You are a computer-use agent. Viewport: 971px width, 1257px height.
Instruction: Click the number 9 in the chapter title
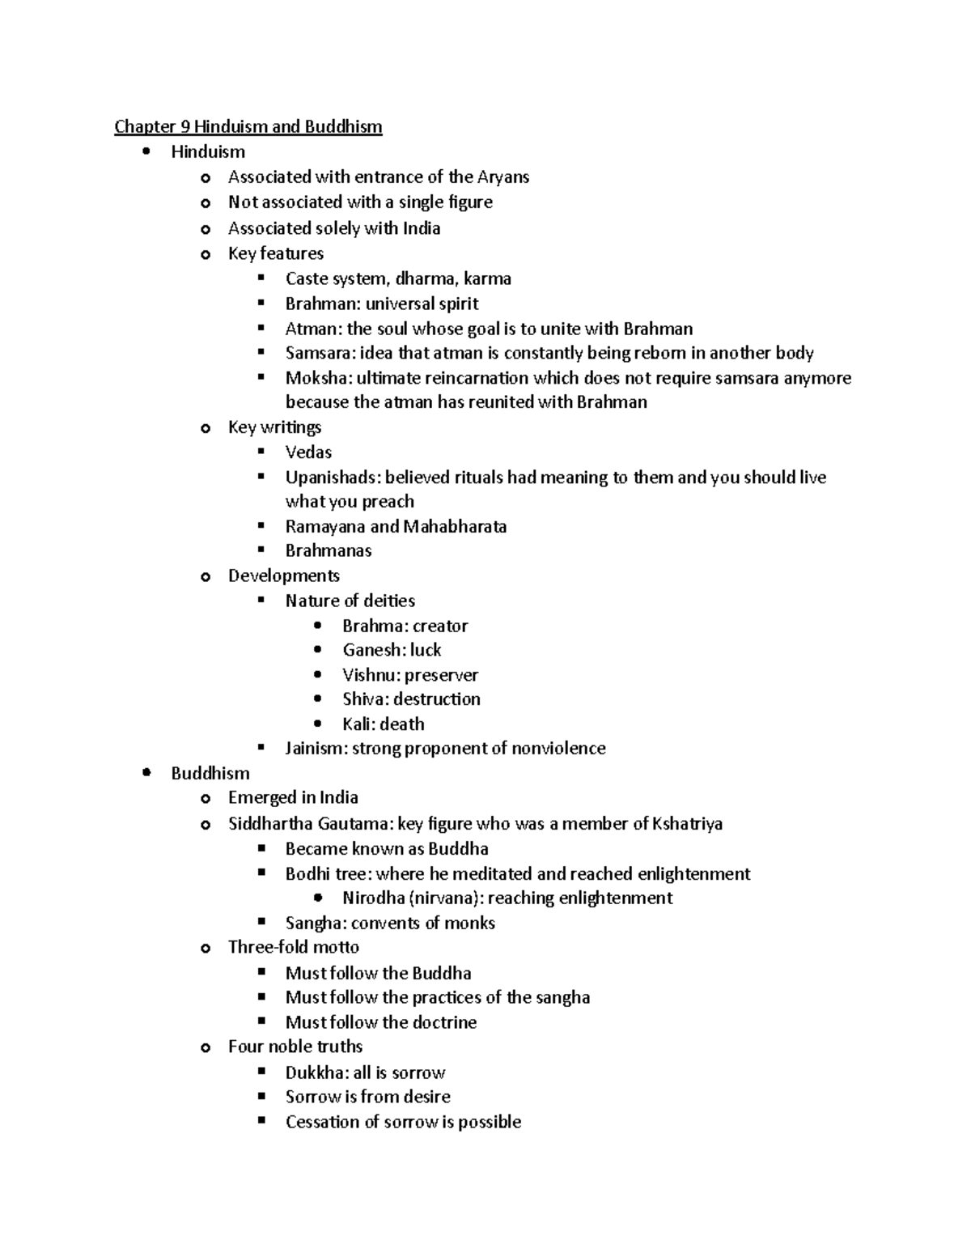pyautogui.click(x=184, y=127)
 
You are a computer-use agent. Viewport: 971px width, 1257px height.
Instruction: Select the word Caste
pyautogui.click(x=306, y=279)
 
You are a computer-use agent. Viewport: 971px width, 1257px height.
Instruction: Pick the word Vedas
pyautogui.click(x=308, y=452)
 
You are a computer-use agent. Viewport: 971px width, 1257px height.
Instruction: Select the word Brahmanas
pyautogui.click(x=329, y=551)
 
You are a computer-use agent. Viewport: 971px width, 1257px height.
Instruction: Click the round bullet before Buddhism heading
pyautogui.click(x=146, y=773)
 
